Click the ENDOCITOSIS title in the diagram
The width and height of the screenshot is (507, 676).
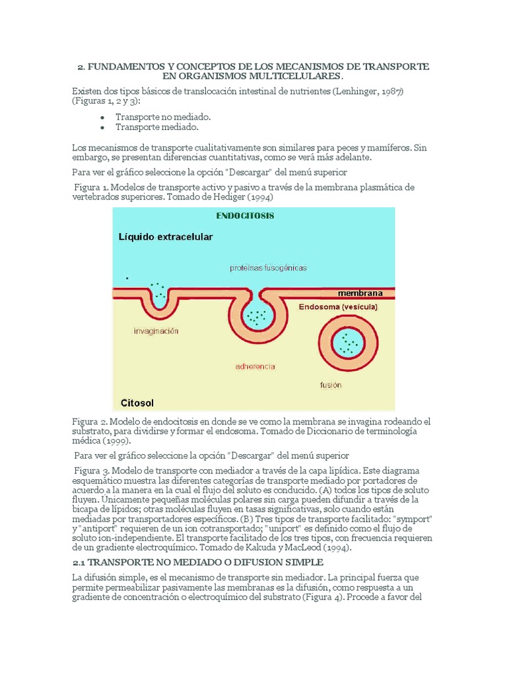click(x=245, y=215)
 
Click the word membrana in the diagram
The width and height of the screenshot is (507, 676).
click(x=360, y=292)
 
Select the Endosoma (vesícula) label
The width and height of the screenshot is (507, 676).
click(x=337, y=307)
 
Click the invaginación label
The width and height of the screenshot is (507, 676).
click(x=157, y=331)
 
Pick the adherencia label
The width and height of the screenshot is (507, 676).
click(x=255, y=366)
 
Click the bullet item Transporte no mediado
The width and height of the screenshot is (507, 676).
click(x=163, y=116)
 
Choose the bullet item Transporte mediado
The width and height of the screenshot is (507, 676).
click(x=157, y=126)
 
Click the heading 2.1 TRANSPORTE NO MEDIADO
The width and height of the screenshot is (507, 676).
click(x=197, y=562)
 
